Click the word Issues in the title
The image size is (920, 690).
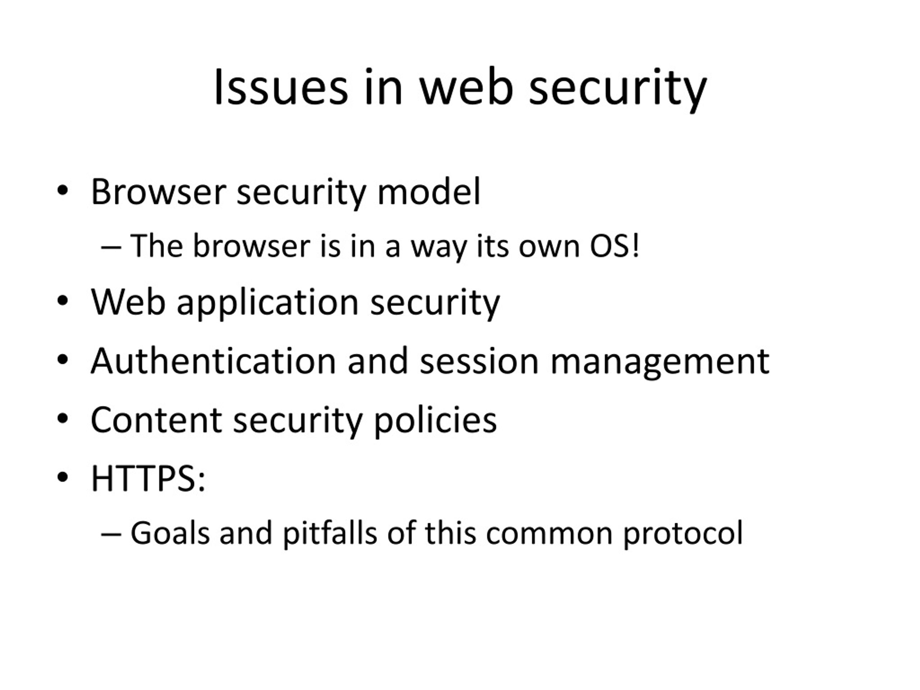281,88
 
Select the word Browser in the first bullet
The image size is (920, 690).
158,192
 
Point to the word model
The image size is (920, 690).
429,192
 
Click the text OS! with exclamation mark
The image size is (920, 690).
614,246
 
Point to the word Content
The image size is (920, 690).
156,420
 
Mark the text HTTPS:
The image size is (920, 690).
148,479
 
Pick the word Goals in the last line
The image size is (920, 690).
170,533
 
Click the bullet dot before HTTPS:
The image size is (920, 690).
63,478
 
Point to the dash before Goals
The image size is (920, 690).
111,535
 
